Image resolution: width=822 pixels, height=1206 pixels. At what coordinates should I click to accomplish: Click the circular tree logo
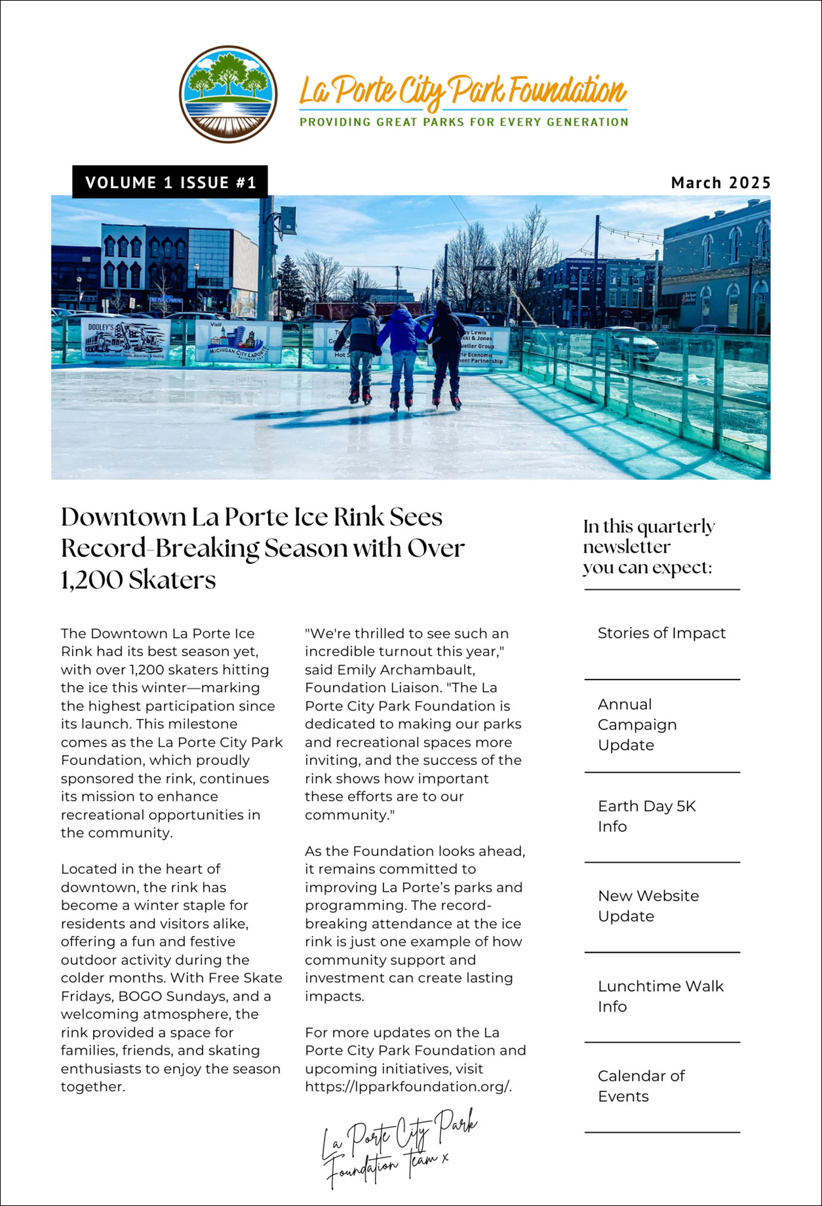click(x=228, y=94)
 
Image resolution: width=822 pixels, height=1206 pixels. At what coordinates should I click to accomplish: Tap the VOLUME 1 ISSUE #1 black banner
click(x=170, y=182)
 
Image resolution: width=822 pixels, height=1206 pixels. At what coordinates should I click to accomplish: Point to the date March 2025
click(x=720, y=183)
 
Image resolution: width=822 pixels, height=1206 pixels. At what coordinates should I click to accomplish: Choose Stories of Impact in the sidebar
click(x=661, y=633)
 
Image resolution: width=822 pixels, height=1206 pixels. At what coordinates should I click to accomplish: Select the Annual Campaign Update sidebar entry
click(x=637, y=724)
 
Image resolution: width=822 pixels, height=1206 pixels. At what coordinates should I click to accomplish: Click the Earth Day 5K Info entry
click(x=646, y=816)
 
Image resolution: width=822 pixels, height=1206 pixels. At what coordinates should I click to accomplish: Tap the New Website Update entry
click(x=648, y=906)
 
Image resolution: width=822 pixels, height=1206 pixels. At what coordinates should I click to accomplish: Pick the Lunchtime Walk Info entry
click(x=660, y=996)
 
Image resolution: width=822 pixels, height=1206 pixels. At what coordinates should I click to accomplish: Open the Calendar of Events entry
click(x=640, y=1086)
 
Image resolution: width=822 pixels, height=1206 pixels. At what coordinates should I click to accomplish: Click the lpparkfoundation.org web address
click(x=408, y=1087)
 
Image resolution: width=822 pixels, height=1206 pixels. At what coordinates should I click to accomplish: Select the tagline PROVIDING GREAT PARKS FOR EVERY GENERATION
click(x=463, y=122)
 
